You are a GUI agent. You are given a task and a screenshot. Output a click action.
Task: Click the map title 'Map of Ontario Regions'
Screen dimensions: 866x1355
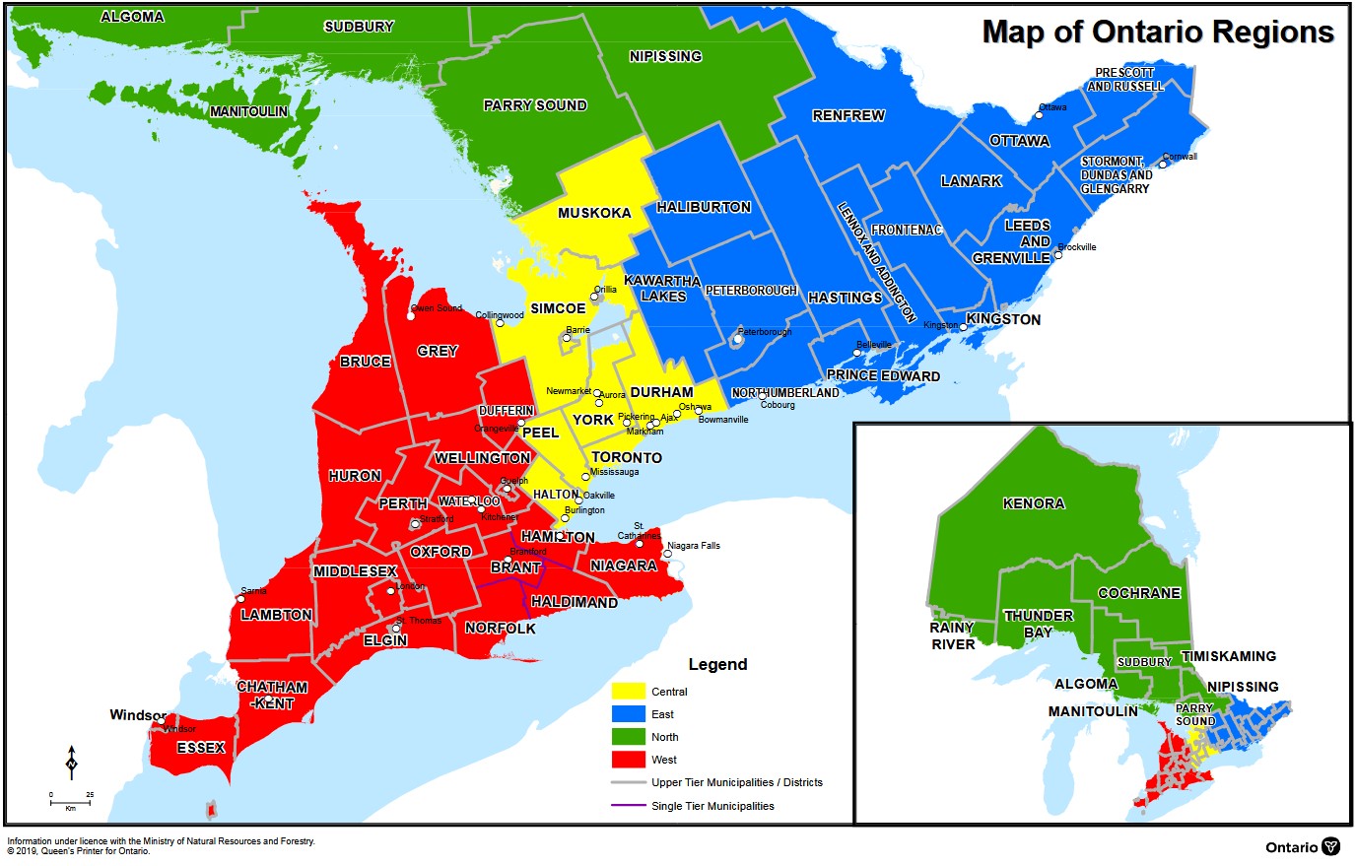[x=1158, y=32]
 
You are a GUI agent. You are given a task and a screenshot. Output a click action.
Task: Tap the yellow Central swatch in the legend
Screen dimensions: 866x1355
[x=628, y=692]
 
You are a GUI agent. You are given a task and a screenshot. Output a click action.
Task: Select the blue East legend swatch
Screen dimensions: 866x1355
[x=628, y=714]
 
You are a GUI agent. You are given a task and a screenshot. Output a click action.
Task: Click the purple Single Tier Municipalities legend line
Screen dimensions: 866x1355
[x=628, y=806]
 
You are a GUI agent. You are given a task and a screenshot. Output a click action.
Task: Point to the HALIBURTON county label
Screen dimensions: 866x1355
[x=704, y=207]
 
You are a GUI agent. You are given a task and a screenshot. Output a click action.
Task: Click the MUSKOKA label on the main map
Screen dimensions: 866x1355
[x=594, y=213]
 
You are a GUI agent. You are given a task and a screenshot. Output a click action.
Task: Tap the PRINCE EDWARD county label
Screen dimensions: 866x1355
[x=883, y=375]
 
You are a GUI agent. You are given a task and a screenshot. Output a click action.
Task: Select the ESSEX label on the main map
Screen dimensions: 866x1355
[x=201, y=748]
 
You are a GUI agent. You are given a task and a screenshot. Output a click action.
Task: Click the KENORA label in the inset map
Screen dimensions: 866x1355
[x=1034, y=503]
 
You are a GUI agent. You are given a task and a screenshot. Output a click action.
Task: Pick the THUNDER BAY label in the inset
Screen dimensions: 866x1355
[x=1039, y=624]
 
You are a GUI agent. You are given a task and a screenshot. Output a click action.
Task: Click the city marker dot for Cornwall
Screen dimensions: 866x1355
[x=1163, y=165]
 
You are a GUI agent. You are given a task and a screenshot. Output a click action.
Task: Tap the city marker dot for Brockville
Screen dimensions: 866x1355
[x=1058, y=254]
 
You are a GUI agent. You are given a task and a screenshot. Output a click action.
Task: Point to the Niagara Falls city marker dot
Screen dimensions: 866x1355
[x=667, y=554]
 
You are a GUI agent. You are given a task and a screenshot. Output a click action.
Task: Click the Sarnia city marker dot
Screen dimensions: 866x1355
[x=240, y=599]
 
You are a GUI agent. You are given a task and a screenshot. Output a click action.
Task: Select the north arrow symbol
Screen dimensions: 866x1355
[x=72, y=763]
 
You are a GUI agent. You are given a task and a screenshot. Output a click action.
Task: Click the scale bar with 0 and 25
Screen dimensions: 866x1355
[x=70, y=801]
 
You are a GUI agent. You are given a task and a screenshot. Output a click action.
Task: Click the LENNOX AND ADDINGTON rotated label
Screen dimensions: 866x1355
[x=877, y=262]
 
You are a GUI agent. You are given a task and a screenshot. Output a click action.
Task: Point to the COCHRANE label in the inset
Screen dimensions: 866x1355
[x=1139, y=593]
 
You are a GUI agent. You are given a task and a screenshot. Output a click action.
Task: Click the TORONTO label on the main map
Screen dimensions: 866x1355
[x=627, y=457]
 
